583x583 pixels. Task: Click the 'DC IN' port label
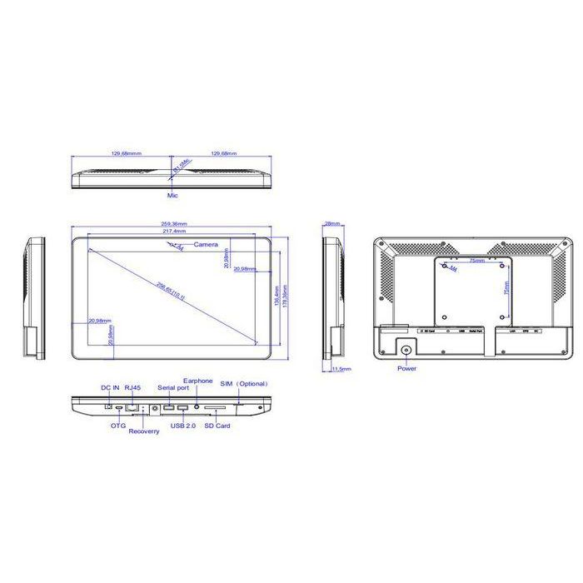coord(111,387)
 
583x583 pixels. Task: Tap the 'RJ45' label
coord(132,387)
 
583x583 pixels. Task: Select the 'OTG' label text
coord(119,426)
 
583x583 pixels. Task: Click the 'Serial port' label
coord(172,388)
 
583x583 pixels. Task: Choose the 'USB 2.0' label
coord(183,426)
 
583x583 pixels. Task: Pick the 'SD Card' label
coord(217,426)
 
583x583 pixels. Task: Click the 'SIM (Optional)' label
coord(242,384)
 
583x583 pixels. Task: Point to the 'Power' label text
coord(406,367)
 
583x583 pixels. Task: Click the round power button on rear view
coord(406,350)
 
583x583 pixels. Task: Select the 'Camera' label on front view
coord(206,245)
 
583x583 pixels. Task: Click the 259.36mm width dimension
coord(173,223)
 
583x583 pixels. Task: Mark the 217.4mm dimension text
coord(173,231)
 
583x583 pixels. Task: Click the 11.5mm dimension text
coord(341,367)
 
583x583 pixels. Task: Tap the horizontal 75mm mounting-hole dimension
coord(476,261)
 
